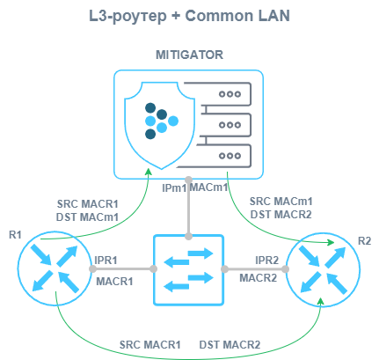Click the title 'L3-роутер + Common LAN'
(x=189, y=16)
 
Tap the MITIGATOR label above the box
(x=189, y=55)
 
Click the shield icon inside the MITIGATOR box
(x=160, y=125)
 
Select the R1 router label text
(x=15, y=235)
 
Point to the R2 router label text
(x=364, y=241)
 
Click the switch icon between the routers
(x=189, y=270)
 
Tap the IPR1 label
(x=106, y=261)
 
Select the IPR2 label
(x=267, y=261)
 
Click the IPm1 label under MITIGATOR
(x=174, y=188)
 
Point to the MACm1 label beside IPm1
(x=208, y=187)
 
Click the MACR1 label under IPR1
(x=114, y=282)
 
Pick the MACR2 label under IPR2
(x=259, y=278)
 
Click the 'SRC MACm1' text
(x=281, y=202)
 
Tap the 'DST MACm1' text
(x=87, y=217)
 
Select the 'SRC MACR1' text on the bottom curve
(x=149, y=345)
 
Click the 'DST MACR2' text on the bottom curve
(x=230, y=345)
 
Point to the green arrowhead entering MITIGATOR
(x=149, y=172)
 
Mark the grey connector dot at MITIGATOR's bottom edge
(x=189, y=180)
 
